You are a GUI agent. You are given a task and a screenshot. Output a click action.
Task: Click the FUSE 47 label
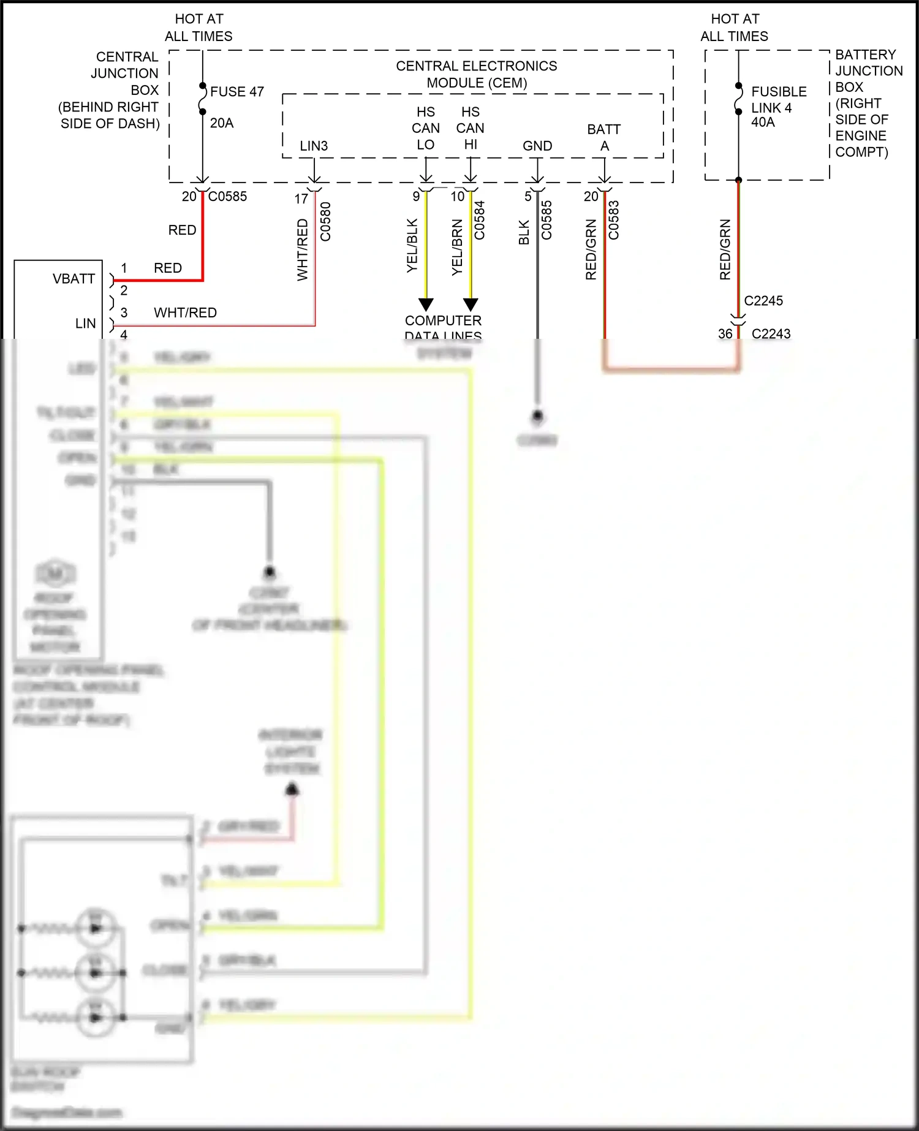click(236, 92)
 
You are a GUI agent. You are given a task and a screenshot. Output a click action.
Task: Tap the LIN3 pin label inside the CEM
click(314, 146)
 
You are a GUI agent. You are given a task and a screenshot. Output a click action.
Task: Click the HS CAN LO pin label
click(426, 129)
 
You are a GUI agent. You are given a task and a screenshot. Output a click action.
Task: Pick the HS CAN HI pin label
click(471, 129)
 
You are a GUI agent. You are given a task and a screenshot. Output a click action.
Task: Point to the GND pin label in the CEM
click(537, 146)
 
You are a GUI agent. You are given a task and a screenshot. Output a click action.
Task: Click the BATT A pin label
click(604, 138)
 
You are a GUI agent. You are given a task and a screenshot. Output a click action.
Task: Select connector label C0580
click(325, 222)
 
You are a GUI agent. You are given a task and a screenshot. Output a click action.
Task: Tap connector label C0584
click(479, 221)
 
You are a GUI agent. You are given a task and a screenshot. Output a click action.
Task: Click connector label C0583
click(614, 221)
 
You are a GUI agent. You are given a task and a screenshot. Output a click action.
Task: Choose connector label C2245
click(763, 301)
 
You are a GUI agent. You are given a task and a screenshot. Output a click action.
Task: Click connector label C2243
click(771, 334)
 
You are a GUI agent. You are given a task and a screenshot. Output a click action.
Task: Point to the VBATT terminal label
click(74, 279)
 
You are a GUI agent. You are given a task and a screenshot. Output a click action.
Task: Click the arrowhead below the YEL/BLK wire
click(426, 304)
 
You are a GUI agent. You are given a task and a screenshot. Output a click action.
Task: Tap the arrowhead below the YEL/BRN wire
click(471, 304)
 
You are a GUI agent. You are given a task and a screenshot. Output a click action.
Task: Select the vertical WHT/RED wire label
click(303, 250)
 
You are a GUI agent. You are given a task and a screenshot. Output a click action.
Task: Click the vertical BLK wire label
click(524, 233)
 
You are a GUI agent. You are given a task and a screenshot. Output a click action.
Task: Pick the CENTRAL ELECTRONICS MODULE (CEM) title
click(477, 74)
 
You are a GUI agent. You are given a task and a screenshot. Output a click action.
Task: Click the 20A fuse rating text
click(222, 123)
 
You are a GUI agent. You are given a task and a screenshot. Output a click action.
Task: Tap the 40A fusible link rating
click(763, 123)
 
